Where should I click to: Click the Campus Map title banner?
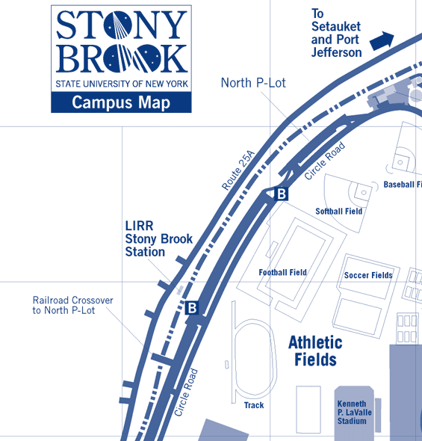(x=120, y=102)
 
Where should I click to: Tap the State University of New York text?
(x=120, y=83)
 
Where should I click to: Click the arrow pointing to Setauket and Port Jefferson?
(x=382, y=39)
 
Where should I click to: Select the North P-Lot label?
(x=253, y=83)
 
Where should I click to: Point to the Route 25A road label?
(x=238, y=170)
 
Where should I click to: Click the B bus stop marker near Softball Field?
(x=282, y=194)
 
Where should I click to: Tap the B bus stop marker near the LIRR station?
(x=192, y=307)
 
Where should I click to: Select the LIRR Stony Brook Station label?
(x=158, y=239)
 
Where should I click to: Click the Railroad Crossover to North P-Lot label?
(x=72, y=305)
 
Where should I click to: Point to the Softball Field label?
(x=338, y=212)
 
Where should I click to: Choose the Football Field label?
(x=282, y=273)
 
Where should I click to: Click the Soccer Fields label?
(x=368, y=276)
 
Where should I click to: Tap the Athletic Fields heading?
(x=315, y=351)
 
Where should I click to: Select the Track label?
(x=254, y=406)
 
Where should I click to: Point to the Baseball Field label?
(x=403, y=185)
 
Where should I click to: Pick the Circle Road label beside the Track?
(x=185, y=392)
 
